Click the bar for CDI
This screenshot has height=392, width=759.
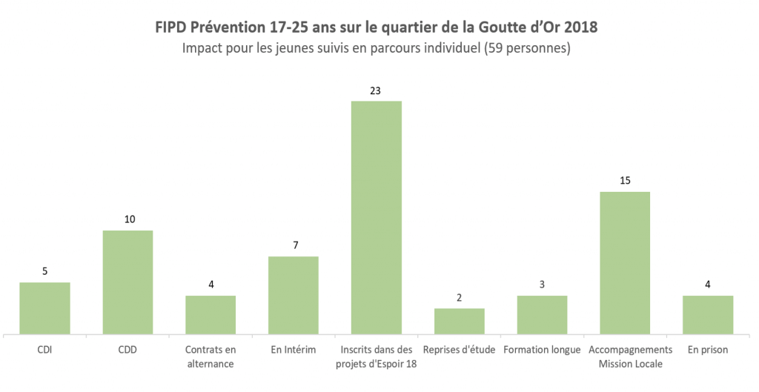(x=44, y=308)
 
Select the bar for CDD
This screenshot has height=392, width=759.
(x=127, y=282)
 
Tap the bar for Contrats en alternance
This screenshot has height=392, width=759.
(x=211, y=315)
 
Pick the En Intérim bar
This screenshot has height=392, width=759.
(x=294, y=295)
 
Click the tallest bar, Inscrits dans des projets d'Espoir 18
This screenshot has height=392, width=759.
(x=377, y=217)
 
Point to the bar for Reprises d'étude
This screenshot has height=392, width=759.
(x=460, y=321)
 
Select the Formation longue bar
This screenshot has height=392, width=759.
(x=542, y=315)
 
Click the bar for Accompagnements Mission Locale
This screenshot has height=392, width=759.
(x=625, y=263)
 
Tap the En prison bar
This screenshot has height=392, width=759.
(x=708, y=315)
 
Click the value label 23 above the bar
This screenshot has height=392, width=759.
(x=377, y=90)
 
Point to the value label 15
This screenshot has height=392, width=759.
(x=625, y=181)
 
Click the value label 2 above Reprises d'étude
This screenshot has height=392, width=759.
(x=460, y=297)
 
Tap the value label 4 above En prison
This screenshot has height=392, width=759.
(x=708, y=285)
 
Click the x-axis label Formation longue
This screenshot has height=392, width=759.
(x=542, y=350)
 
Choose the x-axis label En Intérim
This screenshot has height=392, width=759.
(x=294, y=350)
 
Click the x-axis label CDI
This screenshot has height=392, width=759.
(x=44, y=350)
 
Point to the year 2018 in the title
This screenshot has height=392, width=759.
(x=580, y=27)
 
